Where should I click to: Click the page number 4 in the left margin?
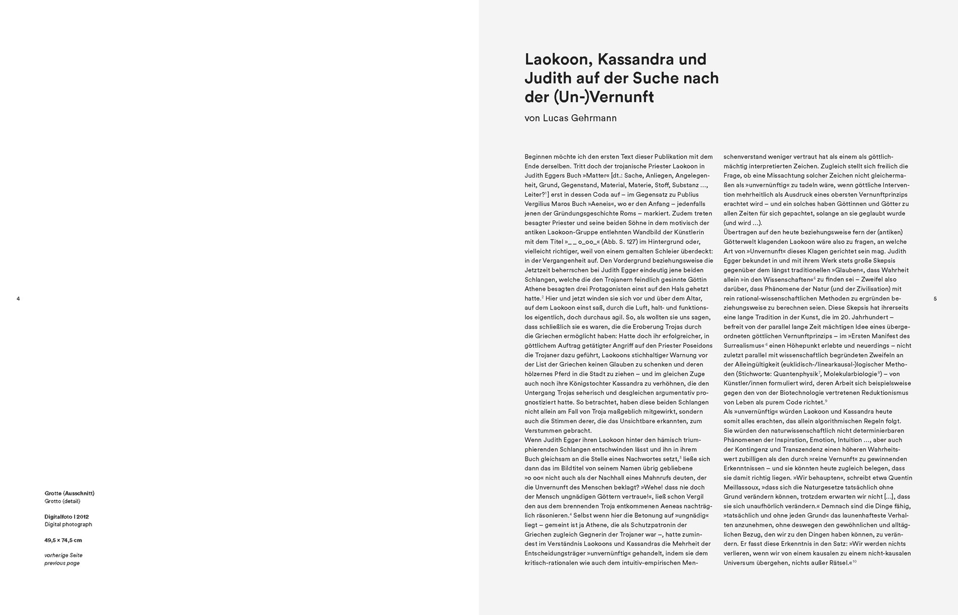[x=18, y=299]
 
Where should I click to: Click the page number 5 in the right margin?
[x=935, y=299]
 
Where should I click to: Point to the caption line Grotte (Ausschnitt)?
[x=70, y=493]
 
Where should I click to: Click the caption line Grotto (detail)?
[x=62, y=501]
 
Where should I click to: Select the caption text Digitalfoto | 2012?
[x=67, y=517]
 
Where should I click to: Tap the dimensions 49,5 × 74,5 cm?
[x=63, y=540]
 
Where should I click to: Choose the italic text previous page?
[x=62, y=563]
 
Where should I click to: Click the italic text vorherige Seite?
[x=63, y=555]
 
